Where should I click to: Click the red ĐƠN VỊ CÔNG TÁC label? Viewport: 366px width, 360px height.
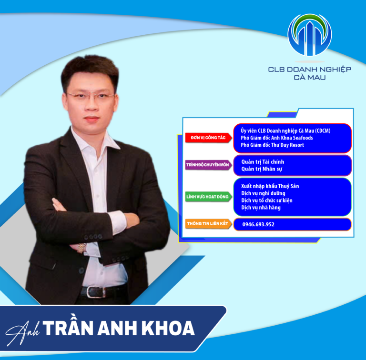[205, 138]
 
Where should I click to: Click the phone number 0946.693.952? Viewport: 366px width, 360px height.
[258, 224]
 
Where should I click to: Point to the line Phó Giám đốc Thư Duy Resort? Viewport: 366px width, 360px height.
[272, 145]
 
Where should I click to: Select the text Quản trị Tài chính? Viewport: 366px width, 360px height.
[263, 162]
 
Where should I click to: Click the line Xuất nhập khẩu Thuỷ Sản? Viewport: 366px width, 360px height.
[270, 186]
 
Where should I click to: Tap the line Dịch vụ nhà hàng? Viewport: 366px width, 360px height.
[261, 208]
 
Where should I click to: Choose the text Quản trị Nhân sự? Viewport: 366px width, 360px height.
[262, 169]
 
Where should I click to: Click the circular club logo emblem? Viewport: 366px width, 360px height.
[309, 35]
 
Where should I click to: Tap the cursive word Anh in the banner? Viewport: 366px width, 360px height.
[24, 330]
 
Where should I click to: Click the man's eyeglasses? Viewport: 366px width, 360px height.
[90, 97]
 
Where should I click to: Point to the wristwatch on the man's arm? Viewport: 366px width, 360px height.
[82, 246]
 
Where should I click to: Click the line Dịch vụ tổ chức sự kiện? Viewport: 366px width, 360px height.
[267, 200]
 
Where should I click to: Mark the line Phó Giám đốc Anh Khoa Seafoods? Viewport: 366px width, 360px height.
[277, 138]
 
